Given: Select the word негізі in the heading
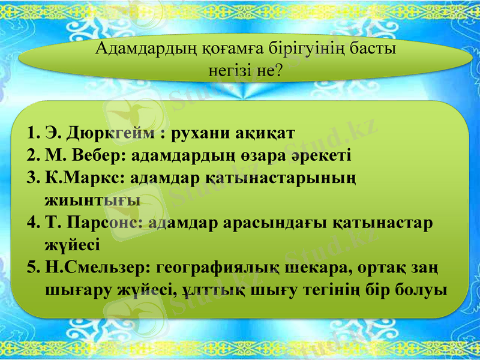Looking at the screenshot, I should tap(226, 70).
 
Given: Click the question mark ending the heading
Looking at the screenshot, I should tap(277, 70).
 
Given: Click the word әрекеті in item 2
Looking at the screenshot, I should tap(326, 155).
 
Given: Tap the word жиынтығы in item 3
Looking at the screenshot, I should tap(92, 200).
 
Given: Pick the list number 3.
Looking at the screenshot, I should tap(33, 178).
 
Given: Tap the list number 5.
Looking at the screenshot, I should tap(33, 268).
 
